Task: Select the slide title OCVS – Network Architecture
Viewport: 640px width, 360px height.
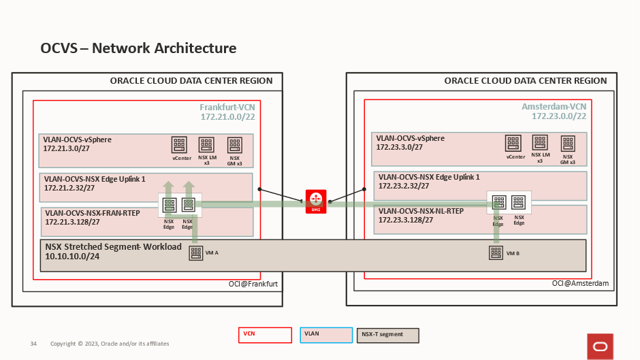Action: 138,48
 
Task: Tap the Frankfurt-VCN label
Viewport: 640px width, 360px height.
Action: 227,108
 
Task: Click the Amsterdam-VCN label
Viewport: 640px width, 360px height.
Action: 554,108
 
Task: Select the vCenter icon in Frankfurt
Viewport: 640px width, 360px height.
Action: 180,145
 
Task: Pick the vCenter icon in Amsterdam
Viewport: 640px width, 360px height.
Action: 514,143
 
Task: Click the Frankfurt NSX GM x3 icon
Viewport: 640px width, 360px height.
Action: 235,145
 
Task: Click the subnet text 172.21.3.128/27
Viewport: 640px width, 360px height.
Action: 73,222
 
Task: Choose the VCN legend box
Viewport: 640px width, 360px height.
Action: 265,335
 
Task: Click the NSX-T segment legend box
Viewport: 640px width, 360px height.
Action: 387,335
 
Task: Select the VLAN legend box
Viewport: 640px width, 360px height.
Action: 325,335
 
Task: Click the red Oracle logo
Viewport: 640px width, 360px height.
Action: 600,346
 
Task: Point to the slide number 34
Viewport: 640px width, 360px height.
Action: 33,344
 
